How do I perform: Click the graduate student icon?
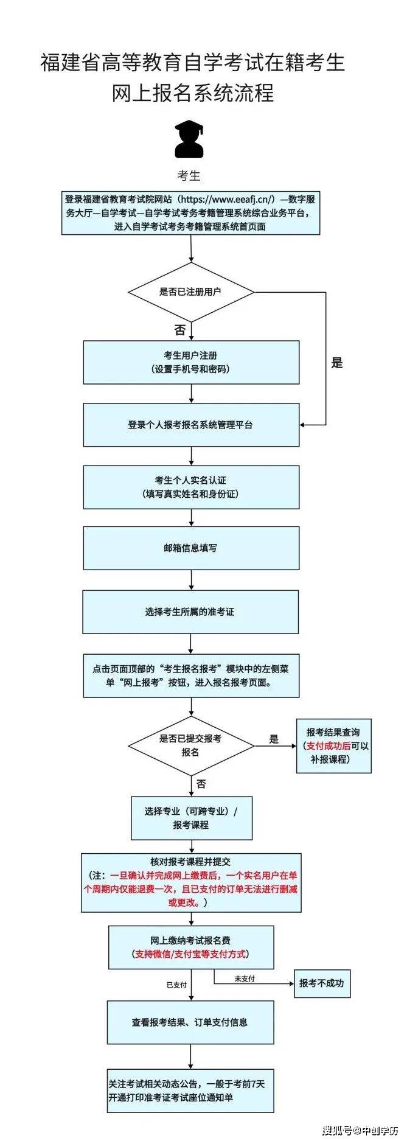tap(189, 139)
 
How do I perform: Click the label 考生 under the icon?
tap(189, 176)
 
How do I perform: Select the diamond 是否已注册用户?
tap(190, 291)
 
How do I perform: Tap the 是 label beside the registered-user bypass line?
tap(337, 363)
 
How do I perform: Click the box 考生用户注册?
tap(191, 362)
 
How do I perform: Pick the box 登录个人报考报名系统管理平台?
tap(191, 425)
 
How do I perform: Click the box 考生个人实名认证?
tap(191, 487)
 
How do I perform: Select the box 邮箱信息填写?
tap(191, 548)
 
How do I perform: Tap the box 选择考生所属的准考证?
tap(190, 612)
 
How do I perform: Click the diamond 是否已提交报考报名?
tap(190, 745)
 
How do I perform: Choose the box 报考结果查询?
tap(333, 745)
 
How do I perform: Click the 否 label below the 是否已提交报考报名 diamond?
tap(201, 784)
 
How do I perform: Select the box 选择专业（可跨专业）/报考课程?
tap(191, 818)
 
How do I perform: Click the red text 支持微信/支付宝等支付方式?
tap(190, 954)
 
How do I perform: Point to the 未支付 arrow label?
tap(245, 979)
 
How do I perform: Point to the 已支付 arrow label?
tap(176, 985)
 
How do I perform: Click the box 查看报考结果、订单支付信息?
tap(190, 1022)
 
